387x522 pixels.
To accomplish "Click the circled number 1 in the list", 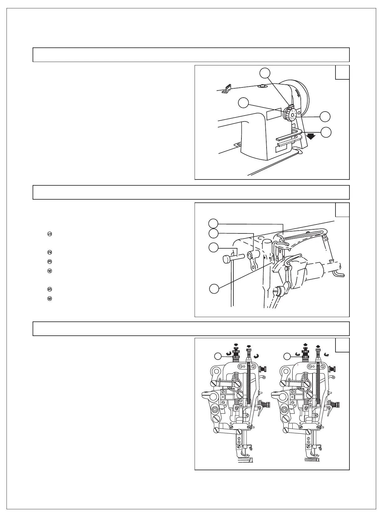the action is (x=49, y=234).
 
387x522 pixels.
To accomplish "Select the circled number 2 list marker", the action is (x=49, y=252).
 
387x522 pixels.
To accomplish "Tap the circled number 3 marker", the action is (x=49, y=262).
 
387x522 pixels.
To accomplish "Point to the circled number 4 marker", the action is (x=49, y=271).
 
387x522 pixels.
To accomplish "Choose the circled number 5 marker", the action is (x=49, y=290).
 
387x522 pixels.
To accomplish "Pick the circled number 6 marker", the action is (x=49, y=299).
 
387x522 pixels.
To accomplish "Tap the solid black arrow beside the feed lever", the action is (x=310, y=137).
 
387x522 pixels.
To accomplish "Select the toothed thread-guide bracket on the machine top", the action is (x=228, y=88).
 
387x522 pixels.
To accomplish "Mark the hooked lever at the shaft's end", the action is (x=339, y=274).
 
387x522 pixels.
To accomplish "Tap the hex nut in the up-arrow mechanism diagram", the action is (x=283, y=410).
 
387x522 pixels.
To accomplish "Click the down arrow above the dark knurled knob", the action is (x=236, y=345).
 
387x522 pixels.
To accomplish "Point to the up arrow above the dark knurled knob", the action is (x=305, y=345).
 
